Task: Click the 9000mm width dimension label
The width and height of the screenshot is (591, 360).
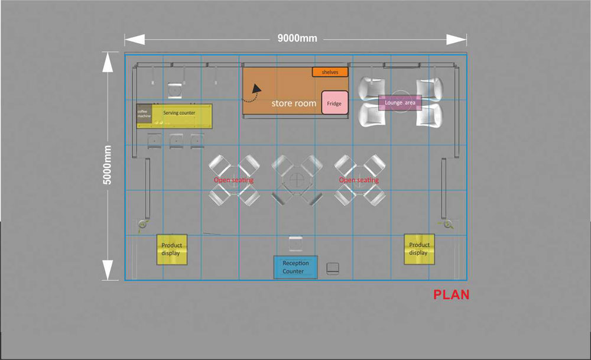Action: pyautogui.click(x=297, y=38)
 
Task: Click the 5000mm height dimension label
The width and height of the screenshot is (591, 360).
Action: pyautogui.click(x=108, y=165)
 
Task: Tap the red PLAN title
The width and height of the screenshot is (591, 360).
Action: pyautogui.click(x=451, y=294)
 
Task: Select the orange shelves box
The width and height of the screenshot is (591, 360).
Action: pyautogui.click(x=330, y=72)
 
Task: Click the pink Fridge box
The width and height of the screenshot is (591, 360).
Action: pyautogui.click(x=335, y=102)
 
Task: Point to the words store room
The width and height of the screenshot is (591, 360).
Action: pyautogui.click(x=294, y=103)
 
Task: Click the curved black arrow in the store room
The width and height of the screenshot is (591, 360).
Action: pyautogui.click(x=252, y=93)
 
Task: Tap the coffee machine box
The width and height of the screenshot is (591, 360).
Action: pyautogui.click(x=144, y=113)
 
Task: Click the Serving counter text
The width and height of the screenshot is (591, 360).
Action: pyautogui.click(x=179, y=113)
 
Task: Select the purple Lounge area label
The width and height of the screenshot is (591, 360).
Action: pyautogui.click(x=400, y=102)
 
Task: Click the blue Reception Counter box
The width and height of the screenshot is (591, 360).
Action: pyautogui.click(x=295, y=267)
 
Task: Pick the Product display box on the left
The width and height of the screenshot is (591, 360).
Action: pyautogui.click(x=172, y=249)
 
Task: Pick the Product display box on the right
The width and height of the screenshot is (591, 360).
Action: pyautogui.click(x=419, y=249)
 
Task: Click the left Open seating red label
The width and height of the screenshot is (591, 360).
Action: pyautogui.click(x=233, y=180)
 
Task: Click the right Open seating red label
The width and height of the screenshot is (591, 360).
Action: pyautogui.click(x=359, y=180)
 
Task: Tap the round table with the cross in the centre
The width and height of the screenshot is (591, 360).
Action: pyautogui.click(x=297, y=180)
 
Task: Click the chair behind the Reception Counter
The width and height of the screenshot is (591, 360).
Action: pyautogui.click(x=295, y=244)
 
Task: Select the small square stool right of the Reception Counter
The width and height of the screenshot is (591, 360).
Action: pyautogui.click(x=332, y=268)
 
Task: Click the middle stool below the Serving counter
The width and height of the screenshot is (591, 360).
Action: pyautogui.click(x=176, y=141)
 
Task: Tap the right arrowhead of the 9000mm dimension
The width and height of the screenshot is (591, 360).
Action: pyautogui.click(x=456, y=39)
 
